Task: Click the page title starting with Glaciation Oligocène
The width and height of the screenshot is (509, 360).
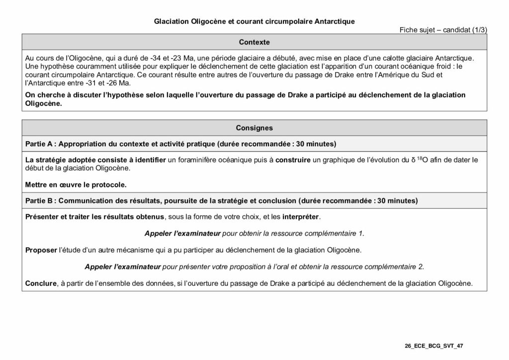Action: point(254,21)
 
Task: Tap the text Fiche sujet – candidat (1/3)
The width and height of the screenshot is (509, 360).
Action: point(443,30)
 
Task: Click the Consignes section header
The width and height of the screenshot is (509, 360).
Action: point(254,128)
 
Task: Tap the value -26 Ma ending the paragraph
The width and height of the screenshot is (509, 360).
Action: point(114,83)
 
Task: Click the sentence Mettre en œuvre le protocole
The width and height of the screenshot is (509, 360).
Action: point(76,184)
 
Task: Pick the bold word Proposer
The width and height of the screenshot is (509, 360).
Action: point(41,249)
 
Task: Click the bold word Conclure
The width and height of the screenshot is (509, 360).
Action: point(41,283)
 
